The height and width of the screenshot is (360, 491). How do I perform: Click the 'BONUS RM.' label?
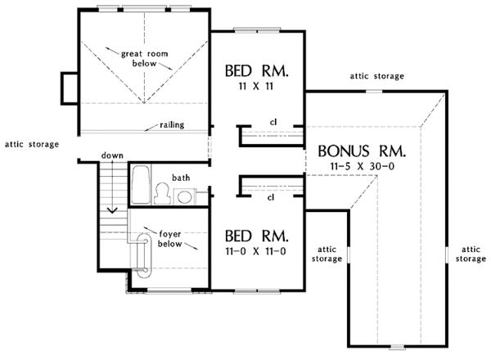(356, 151)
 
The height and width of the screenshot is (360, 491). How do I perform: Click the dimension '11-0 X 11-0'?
(257, 251)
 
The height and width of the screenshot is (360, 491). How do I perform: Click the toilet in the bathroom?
(162, 193)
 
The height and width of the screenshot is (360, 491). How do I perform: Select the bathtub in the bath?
(140, 184)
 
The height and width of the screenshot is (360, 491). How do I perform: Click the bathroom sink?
(186, 196)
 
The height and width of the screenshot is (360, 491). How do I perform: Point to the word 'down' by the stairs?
(112, 155)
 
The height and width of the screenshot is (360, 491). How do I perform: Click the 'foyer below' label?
(170, 238)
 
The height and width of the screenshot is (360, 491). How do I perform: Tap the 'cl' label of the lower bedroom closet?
(270, 197)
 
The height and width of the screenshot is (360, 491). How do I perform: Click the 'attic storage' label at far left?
(31, 145)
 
